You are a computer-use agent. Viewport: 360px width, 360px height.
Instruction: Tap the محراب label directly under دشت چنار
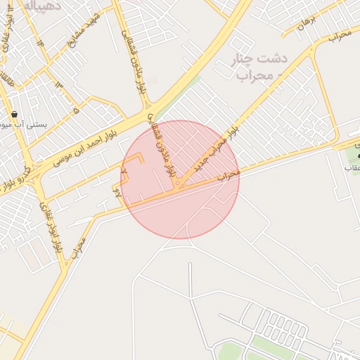(x=255, y=75)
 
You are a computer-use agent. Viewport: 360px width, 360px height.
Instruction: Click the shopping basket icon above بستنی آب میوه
(x=14, y=114)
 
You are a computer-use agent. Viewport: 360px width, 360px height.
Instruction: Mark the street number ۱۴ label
(x=40, y=41)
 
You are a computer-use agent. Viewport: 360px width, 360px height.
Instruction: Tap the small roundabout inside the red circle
(x=179, y=185)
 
